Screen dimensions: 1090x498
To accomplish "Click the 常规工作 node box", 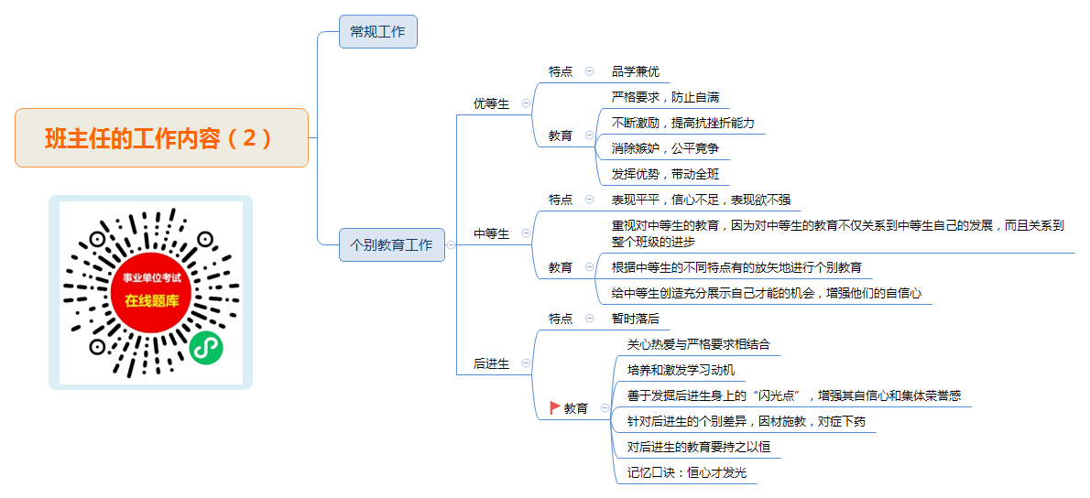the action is (x=378, y=31).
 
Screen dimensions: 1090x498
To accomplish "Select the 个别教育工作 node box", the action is (x=391, y=244).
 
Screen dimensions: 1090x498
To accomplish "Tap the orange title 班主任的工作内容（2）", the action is (x=161, y=138).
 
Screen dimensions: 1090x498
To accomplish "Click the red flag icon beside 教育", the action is (x=555, y=407).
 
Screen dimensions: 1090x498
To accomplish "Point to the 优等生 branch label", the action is (x=491, y=104).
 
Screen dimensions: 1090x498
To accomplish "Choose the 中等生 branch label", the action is (x=491, y=234).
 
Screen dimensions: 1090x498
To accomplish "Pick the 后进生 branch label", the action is (x=491, y=364).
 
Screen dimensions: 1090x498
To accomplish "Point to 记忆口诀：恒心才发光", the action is (x=687, y=473).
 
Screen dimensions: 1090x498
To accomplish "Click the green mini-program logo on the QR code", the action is (x=206, y=347).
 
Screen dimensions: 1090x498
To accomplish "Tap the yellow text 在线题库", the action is (x=152, y=300).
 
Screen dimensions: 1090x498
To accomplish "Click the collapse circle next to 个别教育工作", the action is (x=451, y=244).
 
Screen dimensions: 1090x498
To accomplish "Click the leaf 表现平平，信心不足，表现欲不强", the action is (x=702, y=200).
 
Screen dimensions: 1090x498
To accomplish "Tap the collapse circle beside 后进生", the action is (x=526, y=363).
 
